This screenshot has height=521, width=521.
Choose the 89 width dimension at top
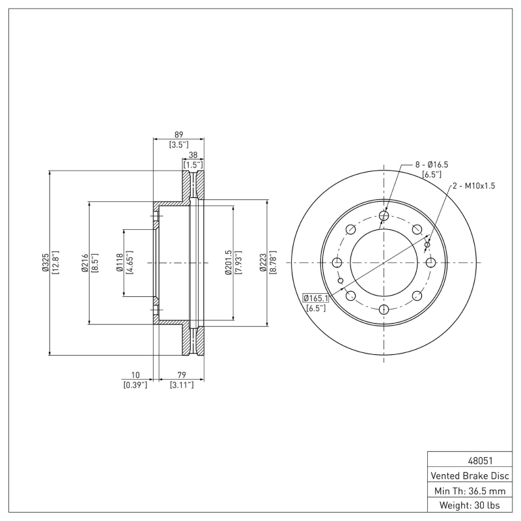[x=178, y=134]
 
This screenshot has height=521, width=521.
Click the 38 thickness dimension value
[x=193, y=156]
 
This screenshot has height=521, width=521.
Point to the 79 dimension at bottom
[x=178, y=375]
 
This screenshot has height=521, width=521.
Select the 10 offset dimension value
[x=135, y=375]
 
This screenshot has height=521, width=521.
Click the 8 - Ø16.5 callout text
[x=432, y=165]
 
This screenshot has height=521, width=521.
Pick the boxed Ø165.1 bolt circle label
[x=316, y=298]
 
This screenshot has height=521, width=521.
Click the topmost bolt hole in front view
[x=384, y=216]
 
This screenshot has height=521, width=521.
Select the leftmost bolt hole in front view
[x=337, y=262]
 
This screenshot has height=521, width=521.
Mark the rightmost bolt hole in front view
[x=430, y=262]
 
